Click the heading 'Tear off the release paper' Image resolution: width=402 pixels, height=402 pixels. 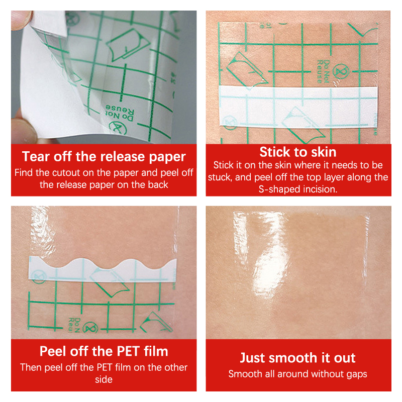click(x=104, y=157)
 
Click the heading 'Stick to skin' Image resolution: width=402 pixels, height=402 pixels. click(x=298, y=152)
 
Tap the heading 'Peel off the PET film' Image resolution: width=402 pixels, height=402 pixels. click(x=104, y=351)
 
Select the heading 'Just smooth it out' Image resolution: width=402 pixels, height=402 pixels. click(x=297, y=358)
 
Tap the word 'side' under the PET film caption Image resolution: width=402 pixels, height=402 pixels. click(x=104, y=379)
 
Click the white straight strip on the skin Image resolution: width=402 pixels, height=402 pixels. click(x=298, y=107)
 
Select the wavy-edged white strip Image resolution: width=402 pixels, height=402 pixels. click(x=103, y=271)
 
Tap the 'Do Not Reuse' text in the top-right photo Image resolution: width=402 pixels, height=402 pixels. click(x=323, y=71)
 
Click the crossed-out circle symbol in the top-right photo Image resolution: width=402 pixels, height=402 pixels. click(x=341, y=71)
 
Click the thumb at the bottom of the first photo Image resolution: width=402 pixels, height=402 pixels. click(x=24, y=130)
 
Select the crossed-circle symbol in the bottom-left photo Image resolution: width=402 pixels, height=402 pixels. click(x=90, y=328)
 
